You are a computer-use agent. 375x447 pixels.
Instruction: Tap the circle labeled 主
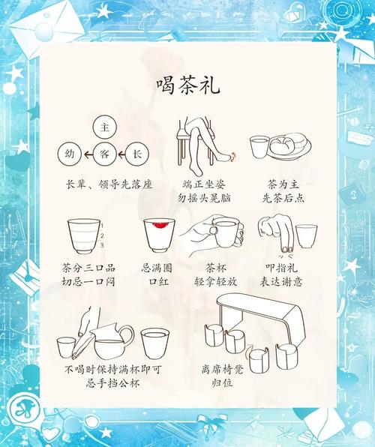coord(105,125)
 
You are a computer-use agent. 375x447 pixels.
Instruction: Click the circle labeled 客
coord(105,154)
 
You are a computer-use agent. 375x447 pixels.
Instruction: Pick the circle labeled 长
coord(136,154)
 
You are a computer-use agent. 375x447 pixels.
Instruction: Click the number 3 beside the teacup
coord(102,244)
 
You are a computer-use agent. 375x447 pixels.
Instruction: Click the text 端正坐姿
coord(202,184)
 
